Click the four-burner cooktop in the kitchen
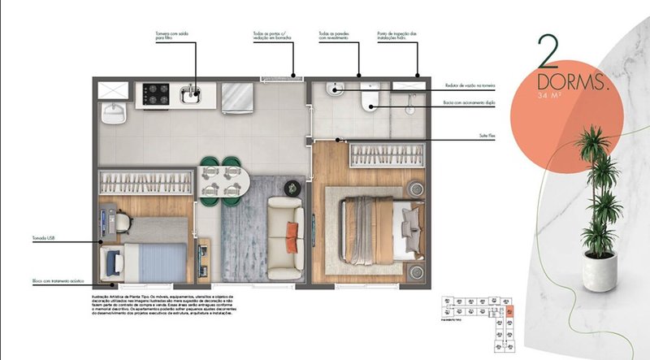[x=153, y=94]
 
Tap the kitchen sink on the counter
[x=192, y=96]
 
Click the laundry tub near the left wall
[x=112, y=112]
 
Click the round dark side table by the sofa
[x=290, y=188]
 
